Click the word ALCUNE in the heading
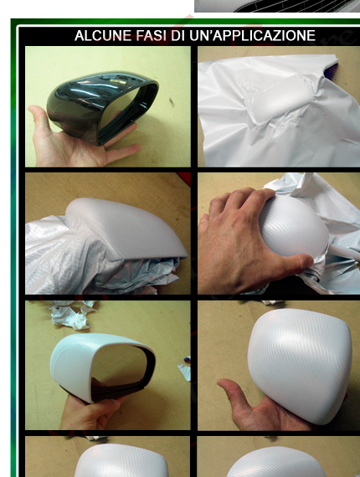coord(104,36)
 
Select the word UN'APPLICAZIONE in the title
coord(252,36)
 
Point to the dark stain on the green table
coord(172,102)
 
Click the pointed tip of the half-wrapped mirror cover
coord(184,254)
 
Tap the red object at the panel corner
coord(184,178)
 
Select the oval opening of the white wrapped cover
coord(121,365)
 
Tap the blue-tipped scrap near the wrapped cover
coord(185,367)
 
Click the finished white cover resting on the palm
coord(300,365)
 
